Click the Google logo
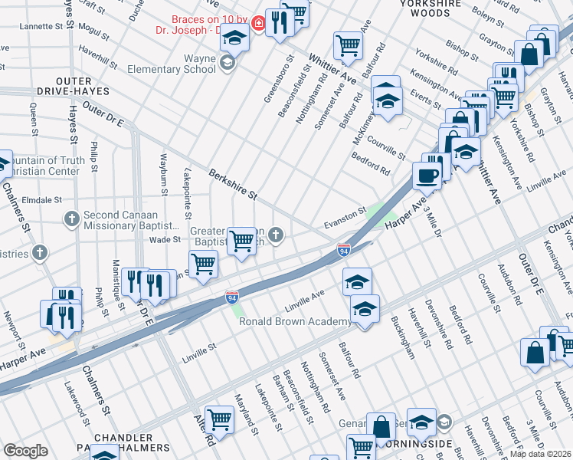[x=25, y=451]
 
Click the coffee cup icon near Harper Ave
[x=427, y=176]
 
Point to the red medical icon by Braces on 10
[x=259, y=25]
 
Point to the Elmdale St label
[x=42, y=200]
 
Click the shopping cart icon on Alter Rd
[x=219, y=419]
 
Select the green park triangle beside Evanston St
[x=375, y=215]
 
